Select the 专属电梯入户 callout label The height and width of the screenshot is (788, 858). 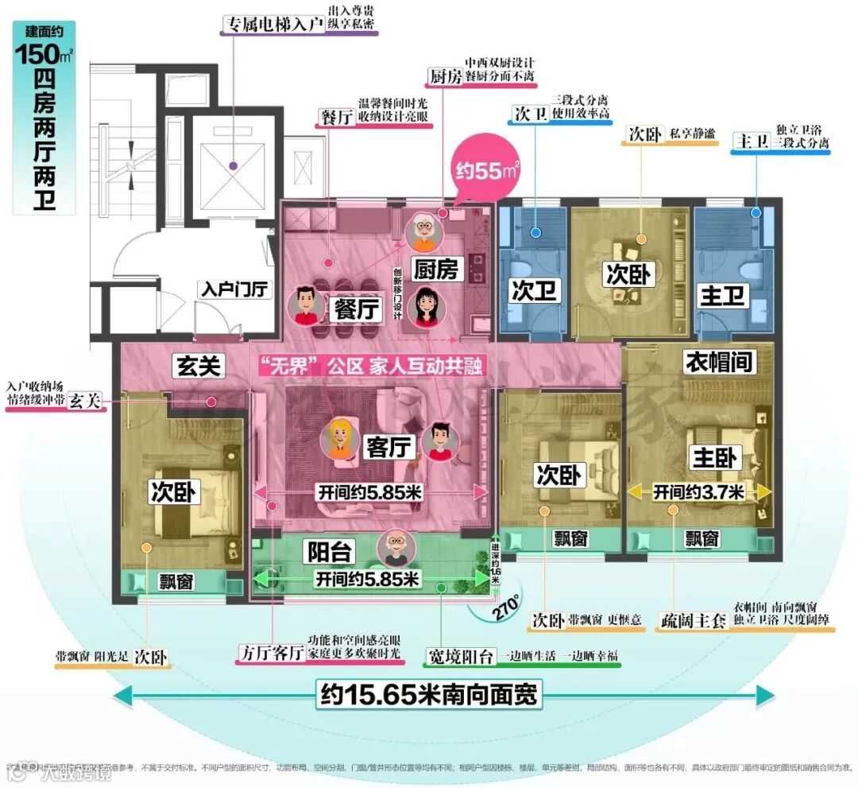coord(272,24)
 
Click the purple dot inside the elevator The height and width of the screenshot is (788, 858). coord(233,166)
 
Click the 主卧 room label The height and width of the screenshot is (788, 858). coord(715,457)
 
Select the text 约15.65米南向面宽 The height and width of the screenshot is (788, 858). coord(428,694)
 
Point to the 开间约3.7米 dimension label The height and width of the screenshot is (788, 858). coord(698,493)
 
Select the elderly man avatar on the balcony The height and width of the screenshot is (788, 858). coord(394,548)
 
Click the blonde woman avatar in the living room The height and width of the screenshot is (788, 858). coord(339,438)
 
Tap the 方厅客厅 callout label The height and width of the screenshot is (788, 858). coord(272,654)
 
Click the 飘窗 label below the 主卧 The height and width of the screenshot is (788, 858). coord(702,540)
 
